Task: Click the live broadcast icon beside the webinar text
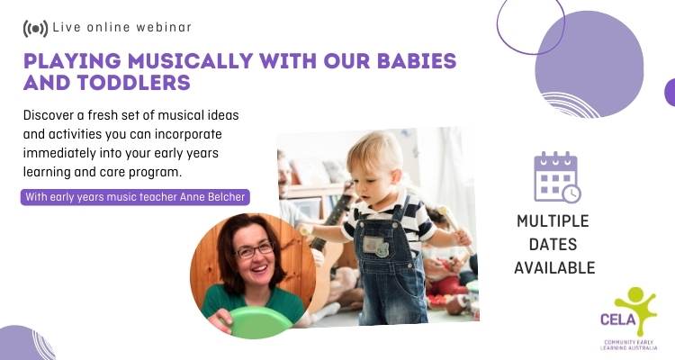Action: [35, 29]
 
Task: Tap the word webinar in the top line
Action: [164, 27]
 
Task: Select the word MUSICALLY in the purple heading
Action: [190, 60]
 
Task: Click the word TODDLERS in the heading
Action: [134, 83]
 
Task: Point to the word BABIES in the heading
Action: [417, 60]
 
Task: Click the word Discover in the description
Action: [47, 115]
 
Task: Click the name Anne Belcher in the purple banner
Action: [212, 197]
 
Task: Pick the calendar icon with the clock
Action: [557, 177]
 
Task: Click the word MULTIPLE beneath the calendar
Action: [553, 221]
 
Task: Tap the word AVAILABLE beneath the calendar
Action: [554, 268]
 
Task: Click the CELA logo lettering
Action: [618, 319]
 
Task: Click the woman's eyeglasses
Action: [255, 250]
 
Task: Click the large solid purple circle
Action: [589, 64]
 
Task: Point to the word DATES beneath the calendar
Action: [553, 245]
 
